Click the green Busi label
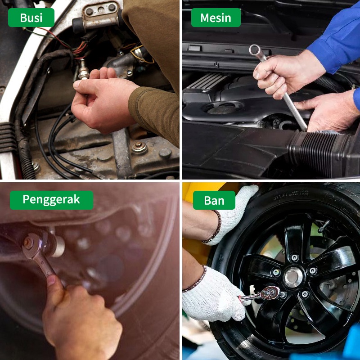click(31, 18)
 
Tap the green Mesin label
click(216, 18)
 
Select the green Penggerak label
click(51, 200)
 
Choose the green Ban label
click(214, 200)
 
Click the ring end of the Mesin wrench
click(255, 49)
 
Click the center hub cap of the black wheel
click(294, 277)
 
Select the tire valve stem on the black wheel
click(324, 226)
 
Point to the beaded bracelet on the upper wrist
click(214, 227)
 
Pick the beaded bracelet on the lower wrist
click(195, 279)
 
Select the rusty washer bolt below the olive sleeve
click(139, 147)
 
